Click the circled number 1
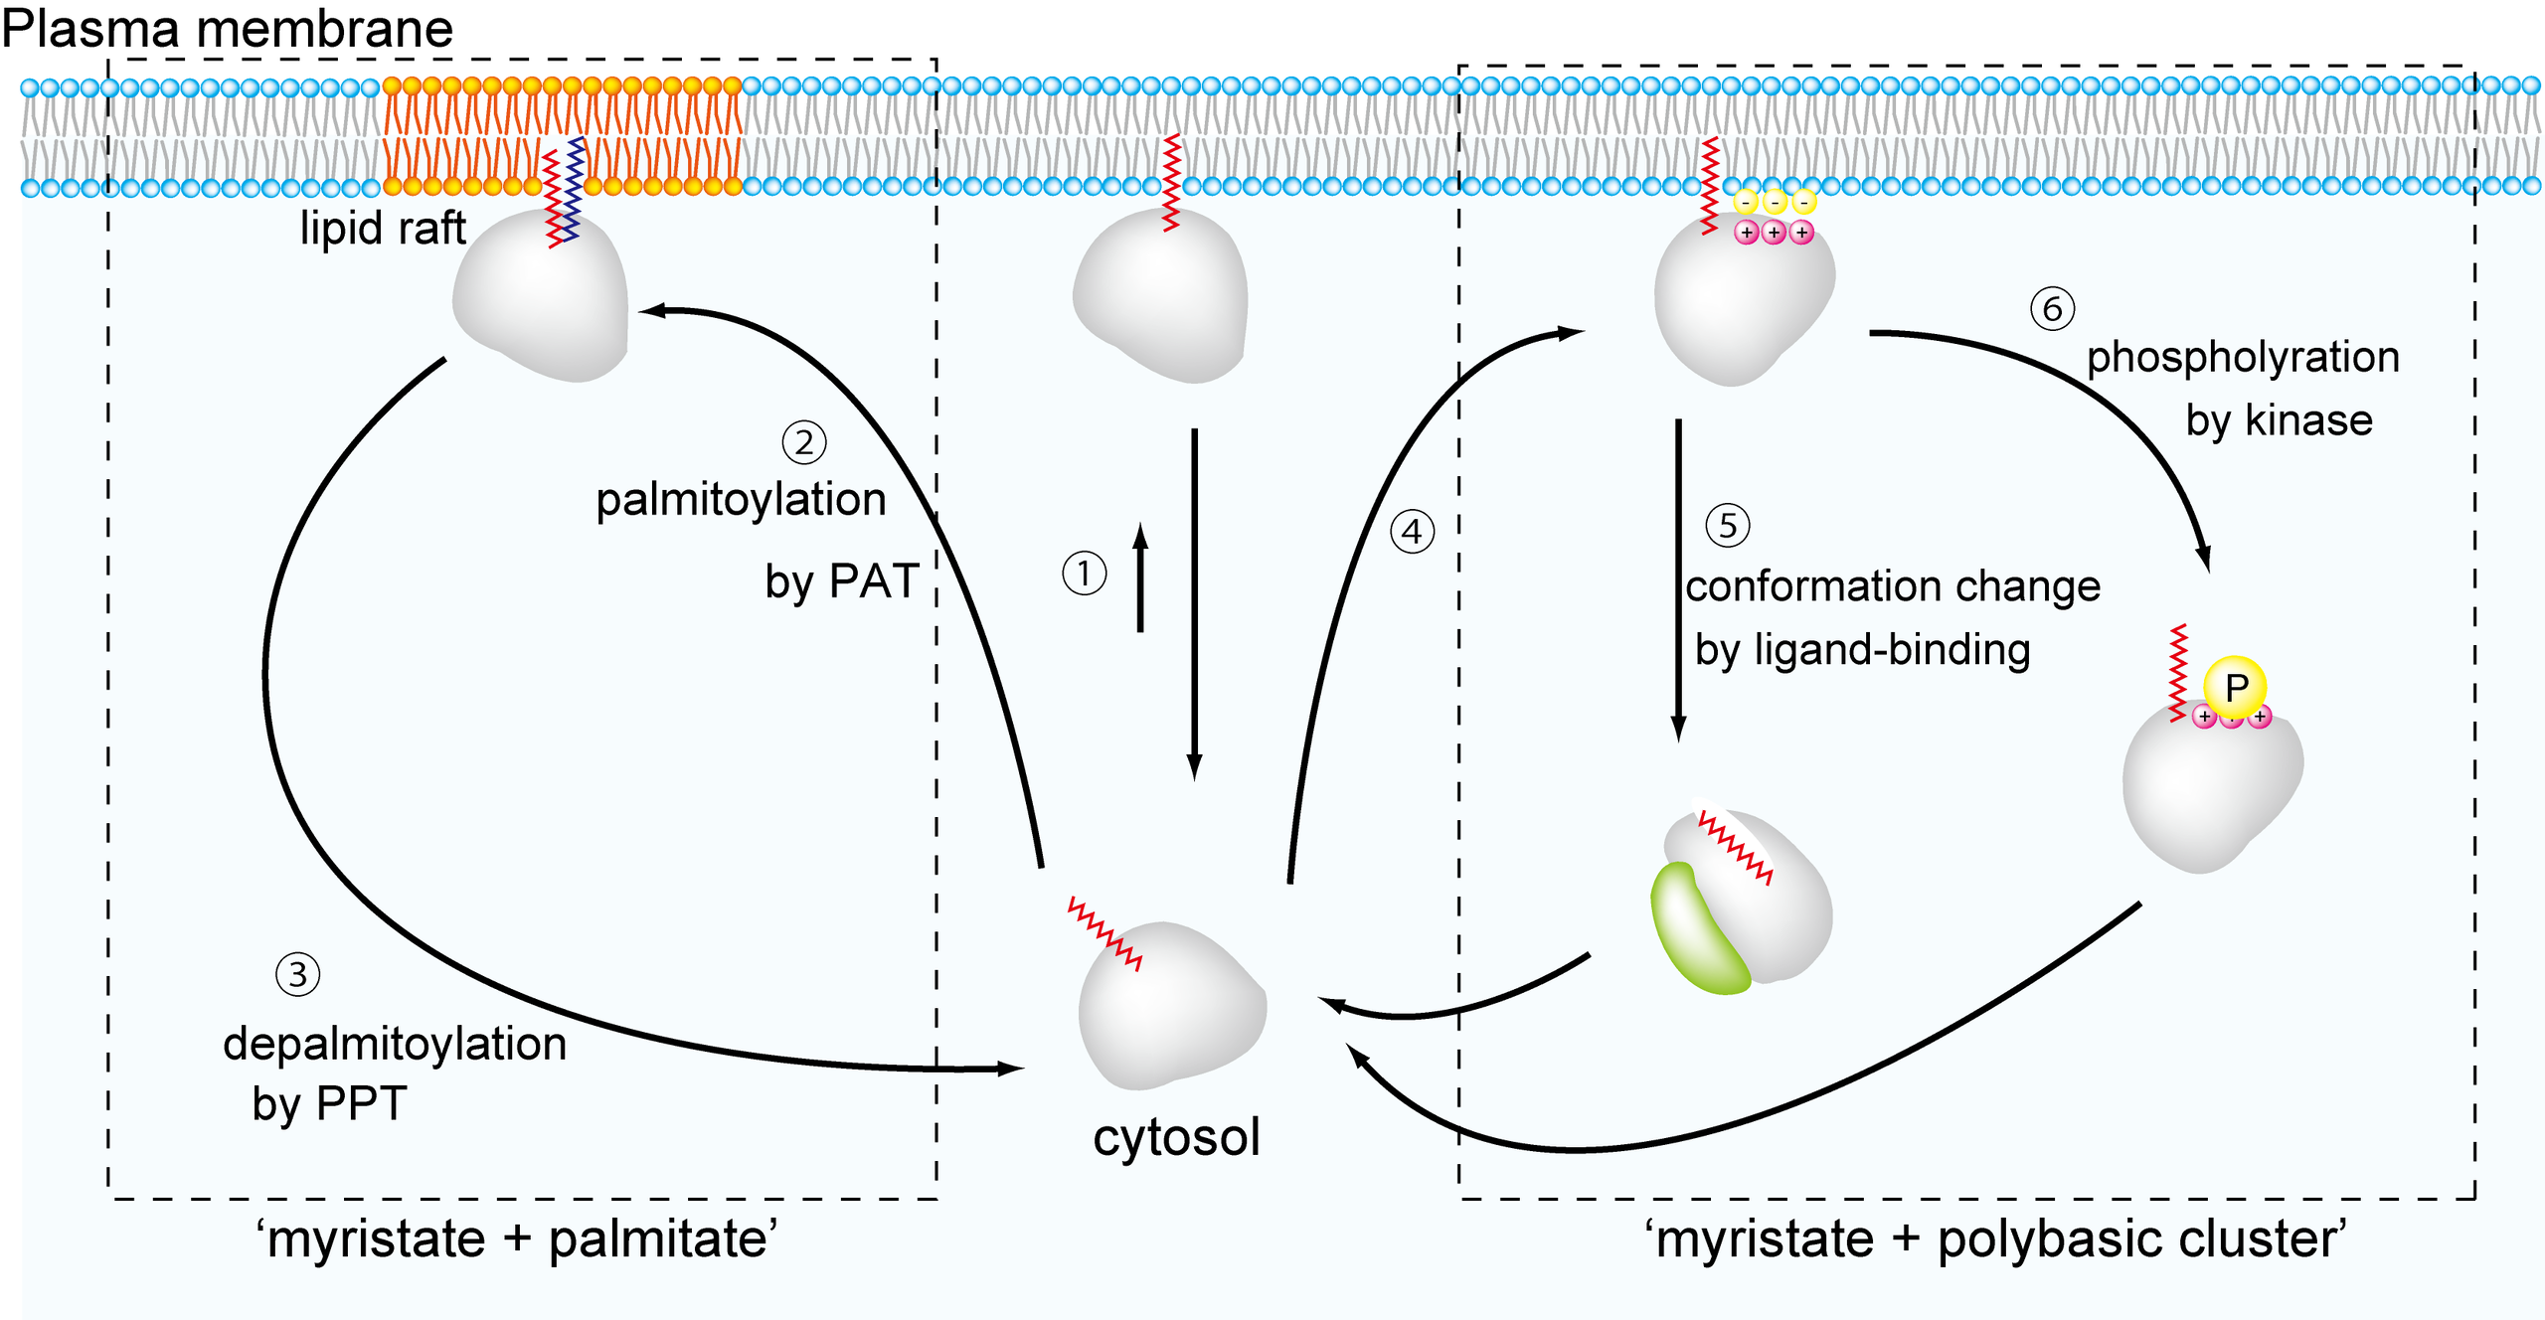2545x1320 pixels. [x=1084, y=574]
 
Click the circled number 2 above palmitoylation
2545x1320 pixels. [x=804, y=442]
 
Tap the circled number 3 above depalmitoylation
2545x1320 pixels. [x=297, y=974]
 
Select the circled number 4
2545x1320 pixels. [x=1412, y=532]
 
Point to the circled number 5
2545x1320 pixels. [x=1728, y=525]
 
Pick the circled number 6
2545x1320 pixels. [x=2052, y=309]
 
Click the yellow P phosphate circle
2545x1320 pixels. [x=2235, y=686]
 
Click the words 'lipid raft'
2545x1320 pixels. [x=383, y=229]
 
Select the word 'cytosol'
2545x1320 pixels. [x=1176, y=1136]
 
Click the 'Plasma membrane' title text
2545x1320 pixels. [x=227, y=28]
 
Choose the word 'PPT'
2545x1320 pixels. [x=359, y=1103]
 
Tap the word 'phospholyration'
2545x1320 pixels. [x=2243, y=357]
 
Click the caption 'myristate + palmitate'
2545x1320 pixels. [x=517, y=1239]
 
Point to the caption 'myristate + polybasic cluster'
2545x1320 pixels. [x=1995, y=1239]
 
